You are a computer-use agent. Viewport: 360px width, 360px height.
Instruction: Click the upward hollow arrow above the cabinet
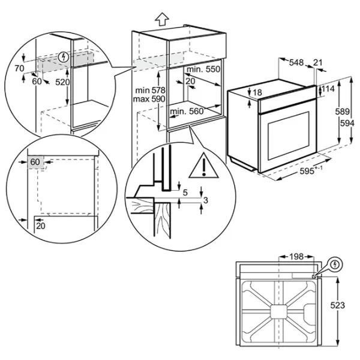[162, 19]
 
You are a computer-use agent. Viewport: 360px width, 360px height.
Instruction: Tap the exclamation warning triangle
[203, 166]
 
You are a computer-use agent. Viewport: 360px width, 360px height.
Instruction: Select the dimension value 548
[296, 62]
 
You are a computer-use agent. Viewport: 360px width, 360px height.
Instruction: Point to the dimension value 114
[328, 89]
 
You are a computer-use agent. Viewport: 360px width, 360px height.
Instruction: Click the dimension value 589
[343, 112]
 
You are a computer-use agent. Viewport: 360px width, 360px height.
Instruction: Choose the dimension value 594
[347, 123]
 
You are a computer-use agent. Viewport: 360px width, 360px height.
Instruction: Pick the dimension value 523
[337, 305]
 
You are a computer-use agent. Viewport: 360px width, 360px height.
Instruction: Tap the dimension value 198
[296, 256]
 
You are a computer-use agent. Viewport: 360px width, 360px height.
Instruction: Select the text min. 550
[203, 69]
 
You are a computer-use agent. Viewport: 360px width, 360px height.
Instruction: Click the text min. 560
[187, 112]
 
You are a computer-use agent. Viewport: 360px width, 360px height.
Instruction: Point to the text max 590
[149, 99]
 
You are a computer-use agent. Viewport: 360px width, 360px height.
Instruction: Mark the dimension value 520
[62, 82]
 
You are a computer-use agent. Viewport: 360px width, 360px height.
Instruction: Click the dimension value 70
[19, 68]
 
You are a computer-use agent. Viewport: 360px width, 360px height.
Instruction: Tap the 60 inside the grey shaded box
[35, 162]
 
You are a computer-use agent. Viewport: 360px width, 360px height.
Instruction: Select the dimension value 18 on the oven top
[257, 92]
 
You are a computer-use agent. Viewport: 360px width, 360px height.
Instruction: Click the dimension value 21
[318, 62]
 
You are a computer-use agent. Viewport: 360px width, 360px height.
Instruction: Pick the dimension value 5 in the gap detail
[185, 193]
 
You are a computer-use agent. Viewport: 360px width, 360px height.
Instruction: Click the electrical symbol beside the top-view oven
[335, 265]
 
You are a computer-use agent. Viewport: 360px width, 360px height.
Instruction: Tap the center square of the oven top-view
[278, 312]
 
